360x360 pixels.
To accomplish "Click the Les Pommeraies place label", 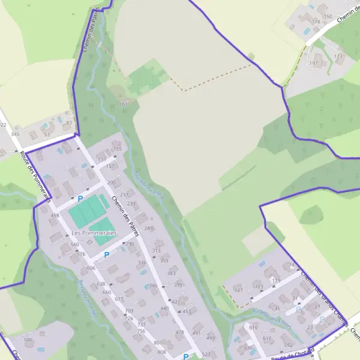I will click(93, 232).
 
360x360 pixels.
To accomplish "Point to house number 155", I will click(118, 149).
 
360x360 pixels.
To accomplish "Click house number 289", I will click(149, 229).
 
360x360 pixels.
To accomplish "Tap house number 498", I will click(55, 215).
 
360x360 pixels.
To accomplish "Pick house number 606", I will click(91, 268).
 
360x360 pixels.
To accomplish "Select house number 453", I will click(187, 311).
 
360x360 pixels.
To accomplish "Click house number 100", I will click(28, 340).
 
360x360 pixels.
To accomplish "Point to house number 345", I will click(15, 134).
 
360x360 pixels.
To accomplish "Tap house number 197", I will click(313, 63).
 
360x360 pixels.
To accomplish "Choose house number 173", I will click(339, 56).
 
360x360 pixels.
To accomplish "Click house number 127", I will click(238, 290).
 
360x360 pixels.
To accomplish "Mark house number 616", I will click(253, 328).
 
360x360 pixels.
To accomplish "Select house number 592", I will click(287, 345).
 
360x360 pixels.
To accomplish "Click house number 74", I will click(292, 265).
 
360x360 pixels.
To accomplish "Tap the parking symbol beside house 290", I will click(107, 254).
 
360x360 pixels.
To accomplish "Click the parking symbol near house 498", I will click(80, 198).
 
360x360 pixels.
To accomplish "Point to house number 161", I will click(124, 104).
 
